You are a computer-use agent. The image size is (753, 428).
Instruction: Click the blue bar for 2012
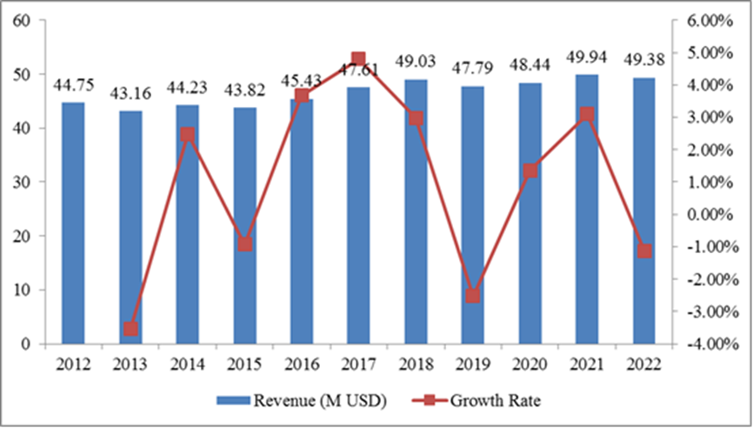pos(74,223)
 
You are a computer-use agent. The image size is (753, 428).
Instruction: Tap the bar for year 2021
pos(587,209)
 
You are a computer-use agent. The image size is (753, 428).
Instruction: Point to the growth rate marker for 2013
pos(130,329)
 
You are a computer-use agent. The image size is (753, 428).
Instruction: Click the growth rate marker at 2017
pos(358,59)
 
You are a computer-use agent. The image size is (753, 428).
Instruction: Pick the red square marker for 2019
pos(472,296)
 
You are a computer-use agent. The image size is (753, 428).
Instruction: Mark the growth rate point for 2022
pos(643,251)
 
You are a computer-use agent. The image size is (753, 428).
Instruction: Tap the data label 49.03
pos(416,62)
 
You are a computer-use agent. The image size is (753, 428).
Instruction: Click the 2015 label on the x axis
pos(244,363)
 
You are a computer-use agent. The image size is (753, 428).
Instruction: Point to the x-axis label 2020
pos(530,363)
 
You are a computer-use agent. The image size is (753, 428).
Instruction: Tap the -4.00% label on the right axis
pos(707,344)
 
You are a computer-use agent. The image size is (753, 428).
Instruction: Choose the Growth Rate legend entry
pos(482,401)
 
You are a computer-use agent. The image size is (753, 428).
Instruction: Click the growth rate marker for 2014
pos(188,135)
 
